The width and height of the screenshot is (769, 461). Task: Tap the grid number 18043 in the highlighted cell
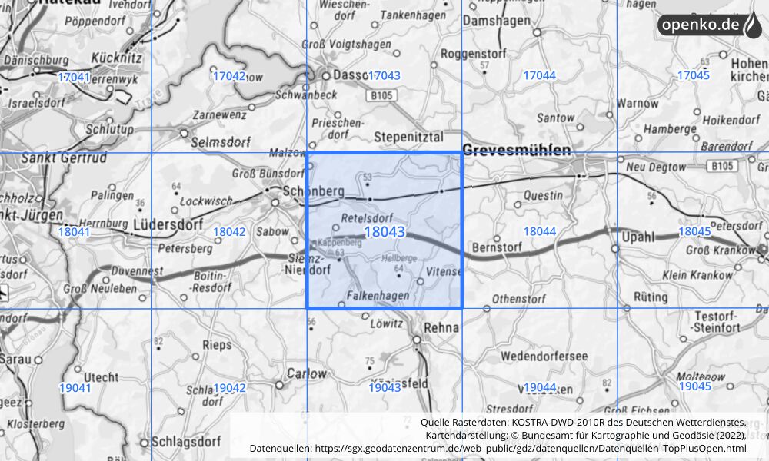click(384, 231)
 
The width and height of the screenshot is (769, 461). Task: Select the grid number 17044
click(539, 75)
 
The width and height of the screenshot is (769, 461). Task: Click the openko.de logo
click(709, 25)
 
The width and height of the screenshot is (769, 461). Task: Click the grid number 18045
click(694, 231)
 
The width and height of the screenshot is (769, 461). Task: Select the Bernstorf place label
click(498, 247)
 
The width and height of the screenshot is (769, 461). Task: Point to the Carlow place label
click(306, 373)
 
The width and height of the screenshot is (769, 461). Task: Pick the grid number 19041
click(75, 387)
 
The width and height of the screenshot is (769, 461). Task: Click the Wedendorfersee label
click(544, 356)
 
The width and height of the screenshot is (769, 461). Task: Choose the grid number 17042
click(229, 75)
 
